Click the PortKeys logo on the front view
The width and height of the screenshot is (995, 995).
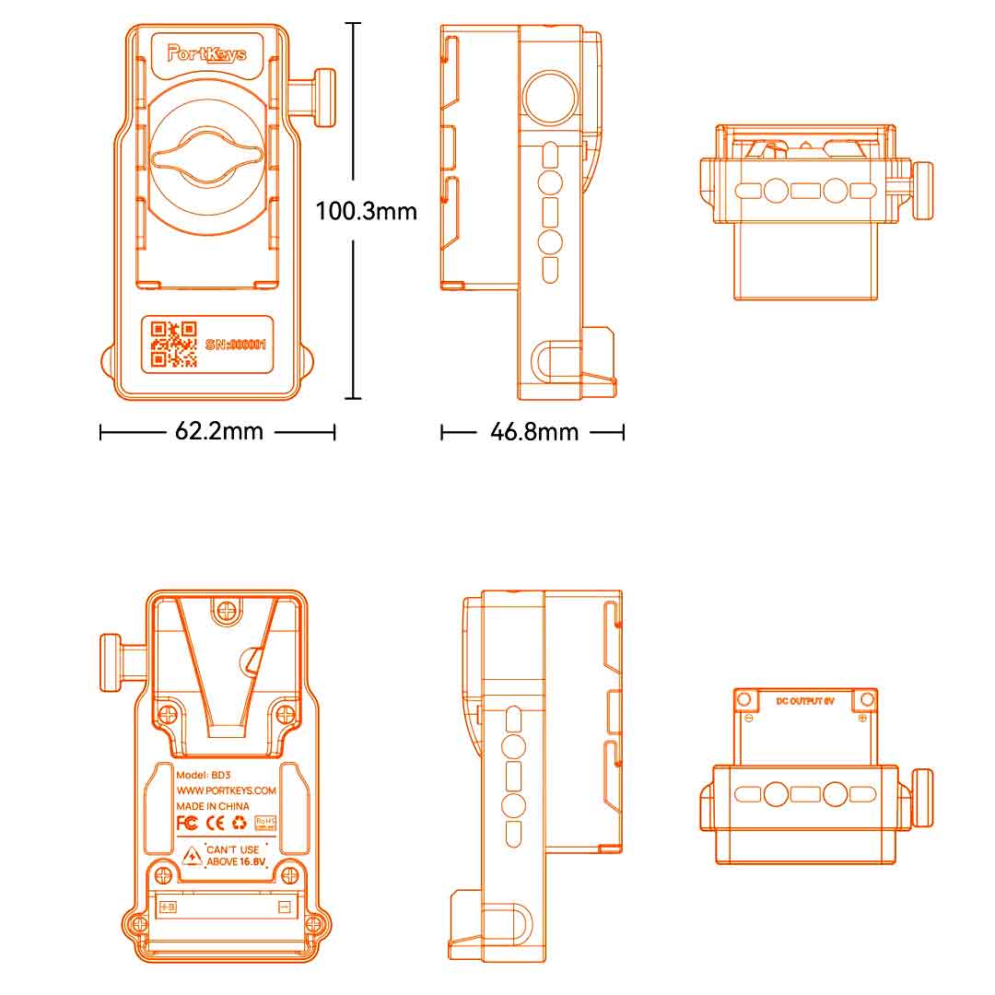(x=207, y=53)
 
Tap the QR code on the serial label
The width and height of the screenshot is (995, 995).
(x=174, y=344)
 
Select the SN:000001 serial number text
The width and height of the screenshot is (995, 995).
(x=236, y=345)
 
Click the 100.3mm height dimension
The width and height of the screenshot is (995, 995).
(x=366, y=212)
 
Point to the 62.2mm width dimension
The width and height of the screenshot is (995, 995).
(x=218, y=431)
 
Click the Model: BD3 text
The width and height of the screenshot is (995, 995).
(x=201, y=775)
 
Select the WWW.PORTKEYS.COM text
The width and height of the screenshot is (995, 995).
(x=226, y=790)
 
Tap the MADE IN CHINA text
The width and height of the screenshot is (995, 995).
(x=213, y=806)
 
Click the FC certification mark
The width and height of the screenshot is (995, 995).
(x=187, y=822)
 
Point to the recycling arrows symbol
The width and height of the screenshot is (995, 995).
(x=239, y=822)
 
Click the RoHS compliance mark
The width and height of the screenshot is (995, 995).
(x=265, y=821)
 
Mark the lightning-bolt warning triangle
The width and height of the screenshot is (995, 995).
(x=191, y=857)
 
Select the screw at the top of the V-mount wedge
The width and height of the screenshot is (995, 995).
(x=227, y=608)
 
